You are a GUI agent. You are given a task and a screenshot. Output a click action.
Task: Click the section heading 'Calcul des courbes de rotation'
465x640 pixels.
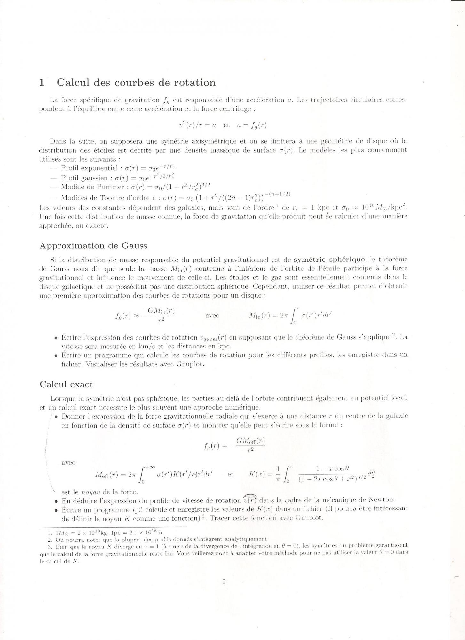click(x=136, y=83)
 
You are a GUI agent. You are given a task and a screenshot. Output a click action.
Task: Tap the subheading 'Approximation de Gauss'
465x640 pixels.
click(x=93, y=246)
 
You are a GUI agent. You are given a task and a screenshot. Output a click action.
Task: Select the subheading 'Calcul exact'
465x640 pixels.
click(x=66, y=384)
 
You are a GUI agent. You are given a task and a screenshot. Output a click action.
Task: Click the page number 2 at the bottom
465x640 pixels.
click(x=224, y=582)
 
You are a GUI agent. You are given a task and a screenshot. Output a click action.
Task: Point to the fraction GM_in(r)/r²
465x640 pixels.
click(x=161, y=315)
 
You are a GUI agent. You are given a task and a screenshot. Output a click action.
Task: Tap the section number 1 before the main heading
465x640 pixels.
click(x=42, y=83)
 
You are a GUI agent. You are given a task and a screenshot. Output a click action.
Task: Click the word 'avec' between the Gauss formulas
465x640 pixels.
click(x=212, y=316)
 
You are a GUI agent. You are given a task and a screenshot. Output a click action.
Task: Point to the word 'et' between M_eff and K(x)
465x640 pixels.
click(x=230, y=474)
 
